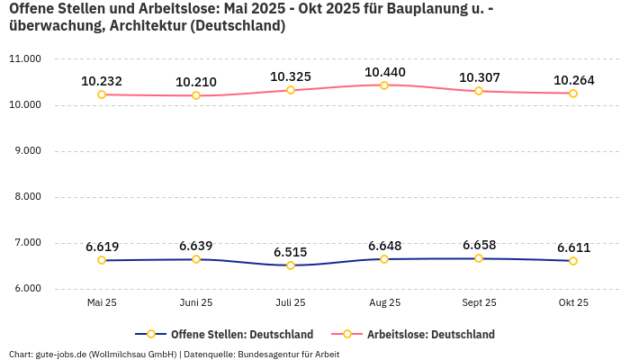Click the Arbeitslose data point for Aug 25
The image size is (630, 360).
click(x=384, y=85)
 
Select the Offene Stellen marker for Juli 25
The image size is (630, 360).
click(x=290, y=265)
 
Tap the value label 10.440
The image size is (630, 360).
click(x=384, y=72)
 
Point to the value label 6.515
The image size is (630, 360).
click(x=291, y=252)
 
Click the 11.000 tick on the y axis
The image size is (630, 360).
click(x=24, y=59)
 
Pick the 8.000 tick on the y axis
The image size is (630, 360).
click(x=24, y=197)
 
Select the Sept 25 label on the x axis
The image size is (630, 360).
click(x=479, y=303)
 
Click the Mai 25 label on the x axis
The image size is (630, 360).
click(x=102, y=303)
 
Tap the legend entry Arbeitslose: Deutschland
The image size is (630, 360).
click(x=430, y=334)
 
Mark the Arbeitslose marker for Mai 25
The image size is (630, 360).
click(x=102, y=94)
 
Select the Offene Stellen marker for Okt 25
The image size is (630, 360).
click(x=573, y=261)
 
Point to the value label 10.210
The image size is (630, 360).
click(x=196, y=82)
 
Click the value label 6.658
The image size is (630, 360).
click(x=479, y=245)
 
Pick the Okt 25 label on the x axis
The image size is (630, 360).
click(x=573, y=303)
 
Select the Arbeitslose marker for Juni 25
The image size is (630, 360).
click(x=196, y=95)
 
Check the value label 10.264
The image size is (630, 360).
click(x=573, y=80)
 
